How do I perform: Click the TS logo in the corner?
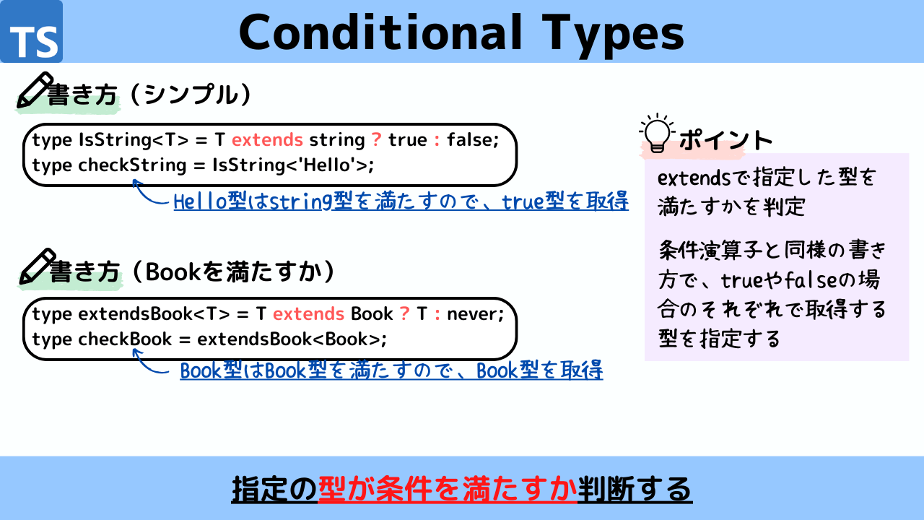[31, 31]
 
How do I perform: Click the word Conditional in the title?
[380, 32]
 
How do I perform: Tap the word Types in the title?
[613, 36]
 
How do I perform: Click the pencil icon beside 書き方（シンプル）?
[35, 90]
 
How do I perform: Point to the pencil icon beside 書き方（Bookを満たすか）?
[37, 266]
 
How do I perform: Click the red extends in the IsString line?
[267, 140]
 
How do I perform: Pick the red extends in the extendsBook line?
[308, 314]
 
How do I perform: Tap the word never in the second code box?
[475, 314]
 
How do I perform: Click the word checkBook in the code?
[125, 339]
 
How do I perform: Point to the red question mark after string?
[376, 139]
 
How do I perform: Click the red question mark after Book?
[404, 313]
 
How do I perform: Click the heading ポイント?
[726, 139]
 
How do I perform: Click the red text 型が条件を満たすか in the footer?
[448, 489]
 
